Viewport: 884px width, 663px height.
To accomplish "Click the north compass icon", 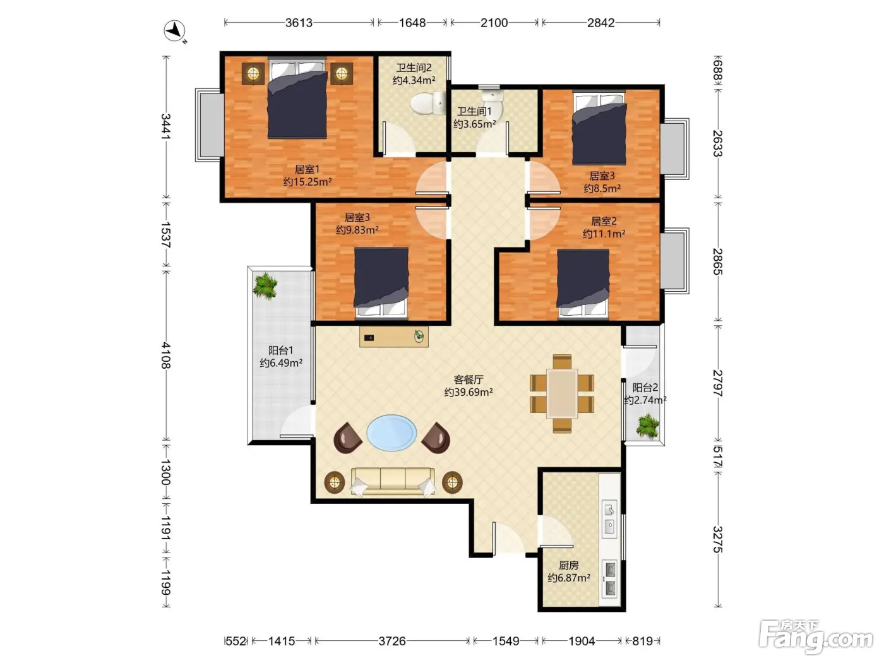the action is point(174,30).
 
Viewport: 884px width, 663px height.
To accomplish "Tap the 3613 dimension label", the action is point(299,23).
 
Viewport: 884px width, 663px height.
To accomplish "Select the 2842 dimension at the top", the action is point(600,23).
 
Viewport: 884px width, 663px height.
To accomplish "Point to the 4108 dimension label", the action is point(166,355).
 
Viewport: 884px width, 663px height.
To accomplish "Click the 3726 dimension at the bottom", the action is point(392,641).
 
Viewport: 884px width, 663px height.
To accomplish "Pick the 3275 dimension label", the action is point(718,539).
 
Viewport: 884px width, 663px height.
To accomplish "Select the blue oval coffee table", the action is point(391,433).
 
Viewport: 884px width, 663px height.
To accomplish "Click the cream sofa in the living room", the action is point(393,481).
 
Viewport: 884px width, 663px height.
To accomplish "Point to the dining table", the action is point(562,393).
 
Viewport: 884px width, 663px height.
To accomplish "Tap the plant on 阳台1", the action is point(265,286).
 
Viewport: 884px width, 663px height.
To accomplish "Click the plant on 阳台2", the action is point(647,426).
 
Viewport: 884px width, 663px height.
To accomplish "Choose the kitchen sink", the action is point(609,519).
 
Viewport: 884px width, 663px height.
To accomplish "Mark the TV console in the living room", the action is point(393,337).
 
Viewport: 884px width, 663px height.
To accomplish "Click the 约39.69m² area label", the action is point(469,392).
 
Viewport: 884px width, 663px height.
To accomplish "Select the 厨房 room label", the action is point(569,566).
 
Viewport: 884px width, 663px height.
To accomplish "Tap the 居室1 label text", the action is point(307,169).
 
